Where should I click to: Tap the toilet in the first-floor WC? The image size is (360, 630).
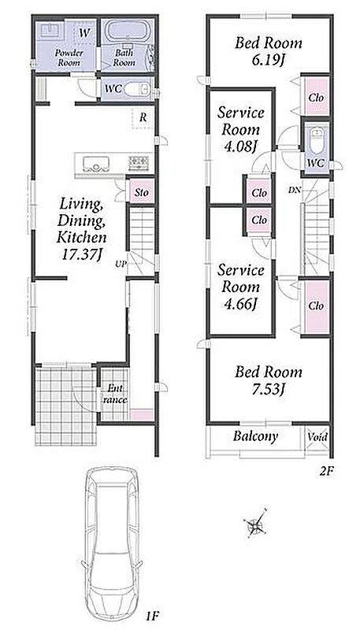point(137,89)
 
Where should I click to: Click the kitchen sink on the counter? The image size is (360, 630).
point(96,163)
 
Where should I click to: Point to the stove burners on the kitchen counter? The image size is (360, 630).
point(139,162)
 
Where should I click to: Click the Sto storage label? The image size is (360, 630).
point(142,193)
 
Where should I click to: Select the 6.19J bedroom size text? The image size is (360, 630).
point(269,61)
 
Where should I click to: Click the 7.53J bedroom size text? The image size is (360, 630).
point(269,389)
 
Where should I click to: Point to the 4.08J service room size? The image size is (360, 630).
point(240,147)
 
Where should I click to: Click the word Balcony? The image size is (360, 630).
point(255,436)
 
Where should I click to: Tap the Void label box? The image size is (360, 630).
point(317,437)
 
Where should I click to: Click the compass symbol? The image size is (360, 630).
point(255,523)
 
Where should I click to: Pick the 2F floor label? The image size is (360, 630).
point(326,471)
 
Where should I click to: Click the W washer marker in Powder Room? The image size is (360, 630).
point(84,33)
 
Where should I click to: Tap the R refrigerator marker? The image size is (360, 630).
point(143,118)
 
